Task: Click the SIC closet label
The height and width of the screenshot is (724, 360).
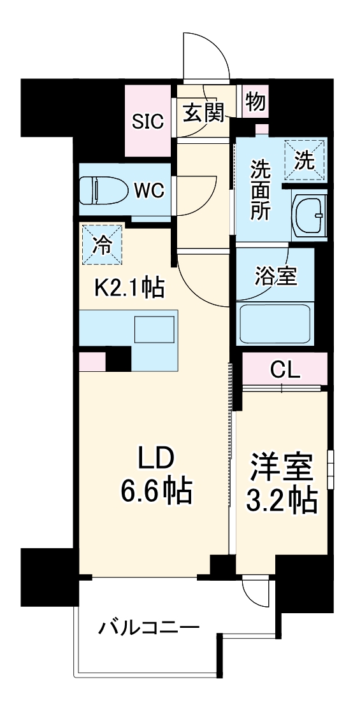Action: coord(148,122)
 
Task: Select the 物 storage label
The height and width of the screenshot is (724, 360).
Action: coord(256,102)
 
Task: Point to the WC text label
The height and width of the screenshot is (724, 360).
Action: coord(150,189)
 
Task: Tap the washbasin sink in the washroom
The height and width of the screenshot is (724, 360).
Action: coord(309,216)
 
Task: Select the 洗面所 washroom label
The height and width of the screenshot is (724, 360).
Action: coord(259,190)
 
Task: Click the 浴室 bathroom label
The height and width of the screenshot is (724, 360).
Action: coord(275,277)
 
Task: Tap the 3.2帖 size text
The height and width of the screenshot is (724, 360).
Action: coord(282,502)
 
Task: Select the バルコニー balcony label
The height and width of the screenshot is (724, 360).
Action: coord(148,628)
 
